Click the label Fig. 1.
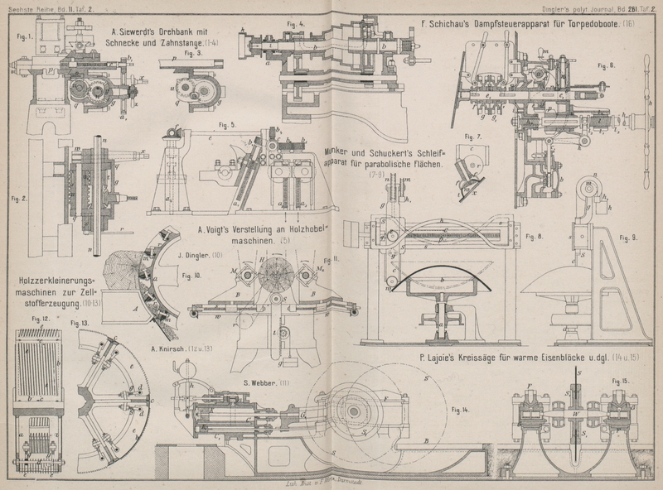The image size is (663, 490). (23, 36)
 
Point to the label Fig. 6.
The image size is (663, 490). (606, 65)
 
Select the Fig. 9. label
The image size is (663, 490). (629, 237)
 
